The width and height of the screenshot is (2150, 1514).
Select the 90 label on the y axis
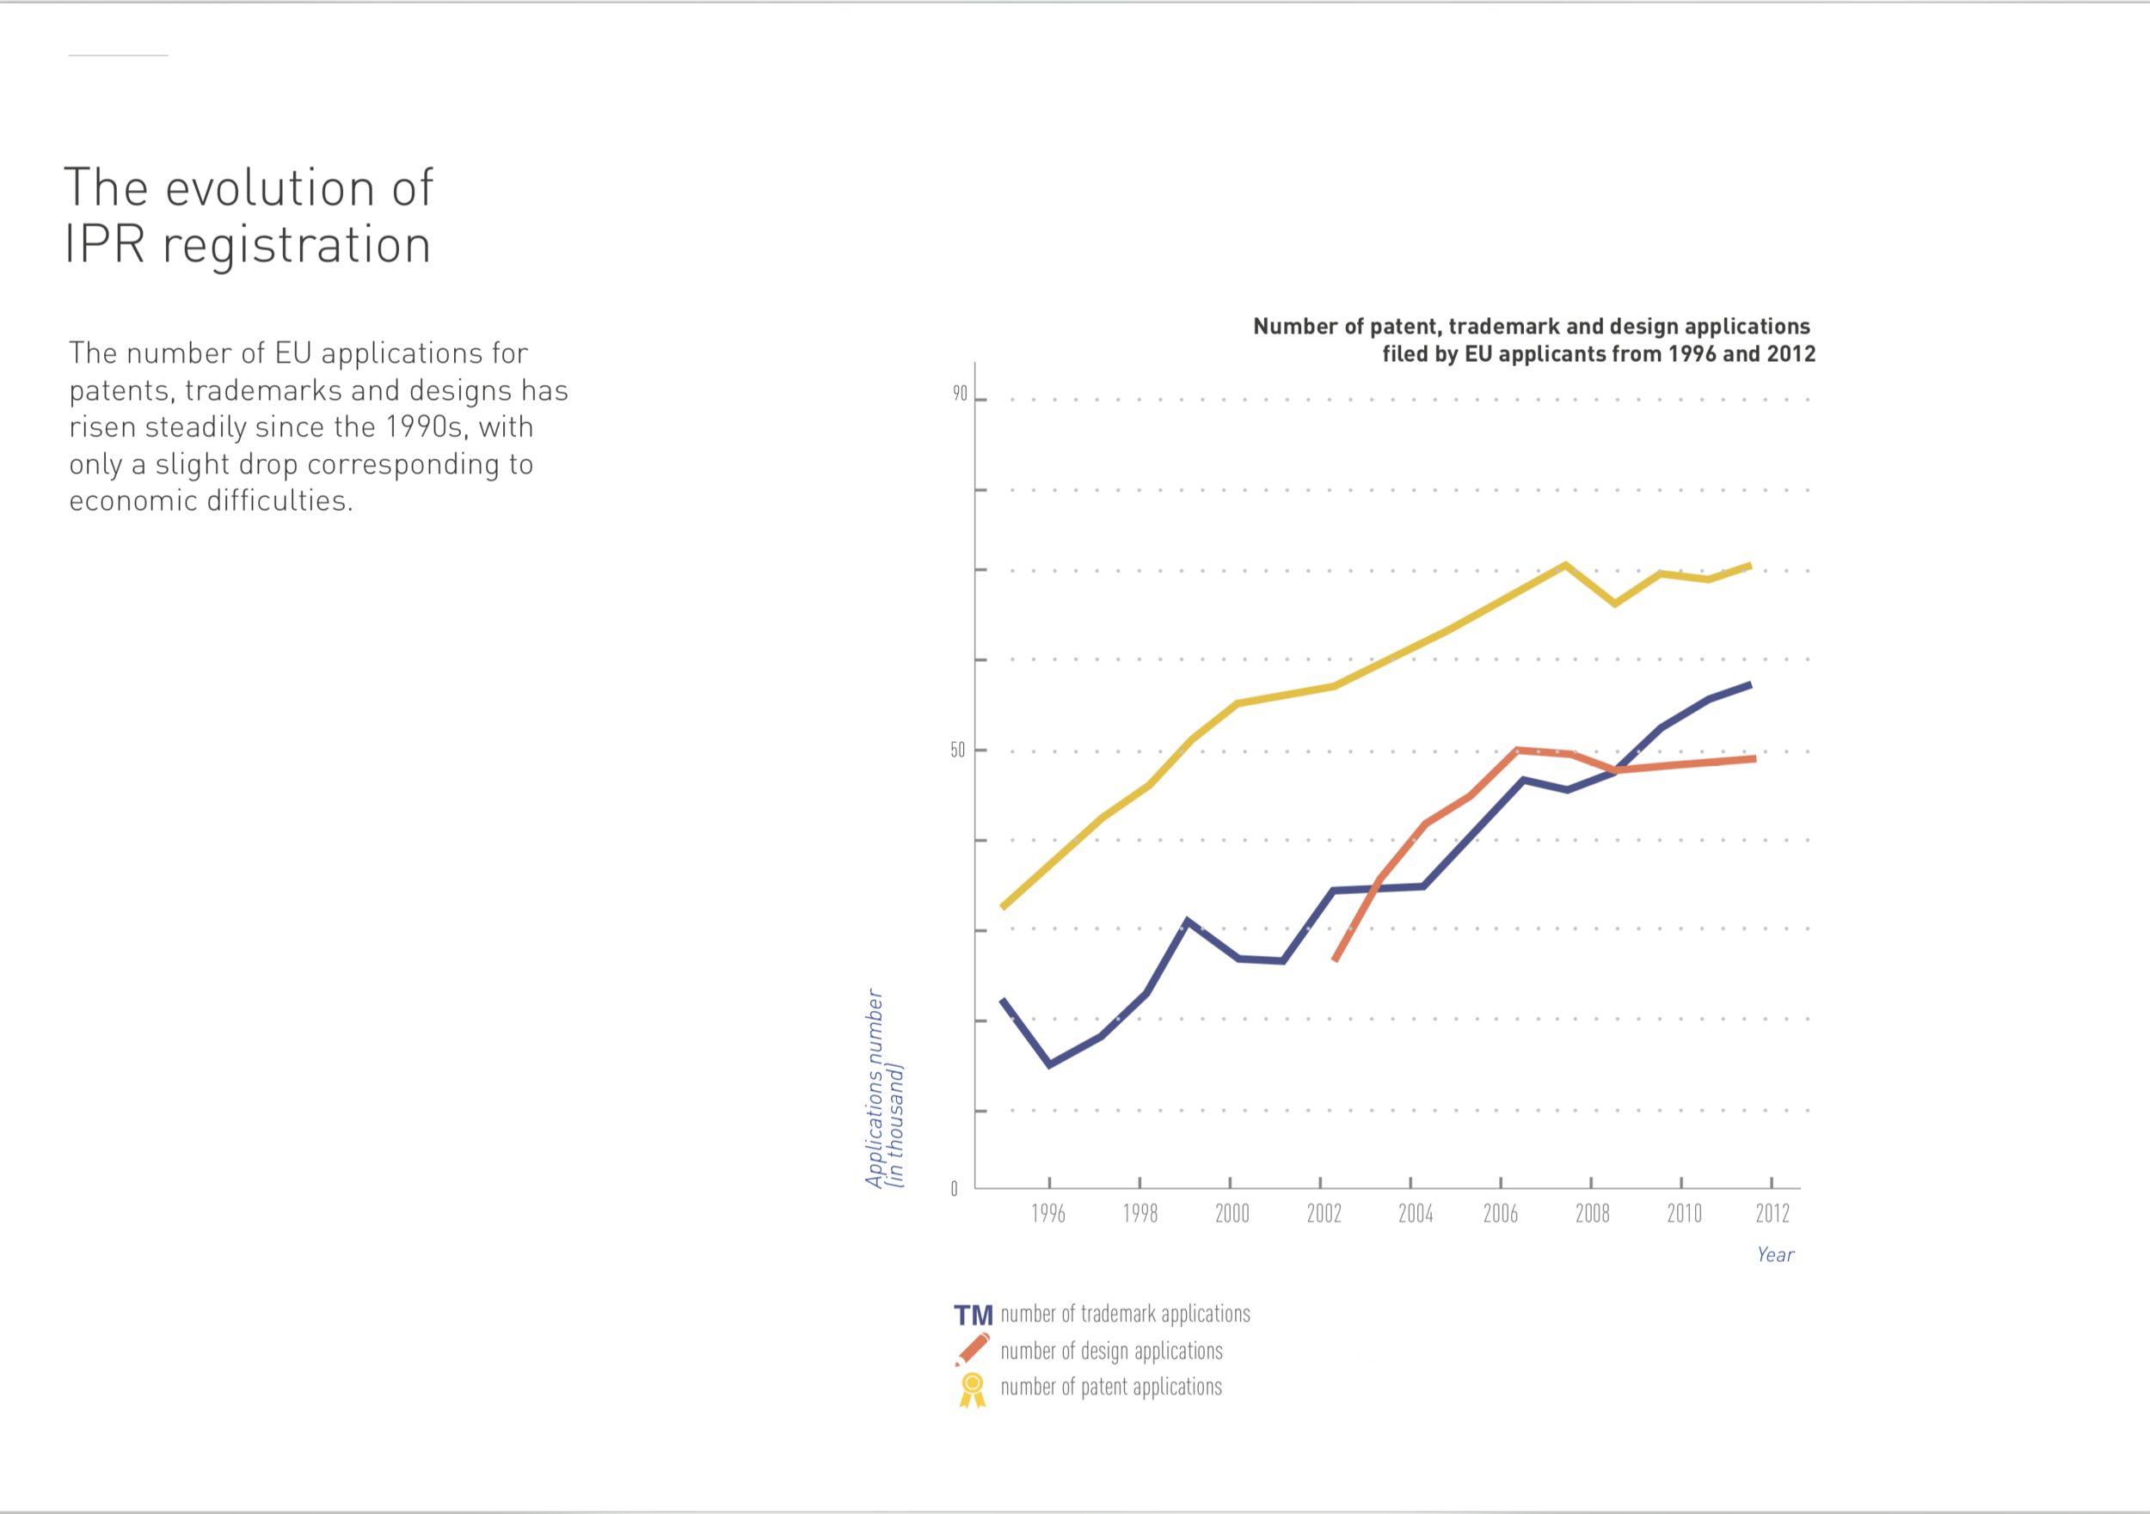[960, 394]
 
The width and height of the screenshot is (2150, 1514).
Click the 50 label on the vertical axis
[957, 750]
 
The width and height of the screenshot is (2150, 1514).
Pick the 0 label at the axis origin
[955, 1189]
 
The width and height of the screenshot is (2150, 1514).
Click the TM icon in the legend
[973, 1315]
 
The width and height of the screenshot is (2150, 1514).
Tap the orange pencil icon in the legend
[972, 1350]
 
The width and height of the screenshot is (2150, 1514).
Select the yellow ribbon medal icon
[973, 1389]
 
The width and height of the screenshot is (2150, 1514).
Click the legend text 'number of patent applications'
[1110, 1387]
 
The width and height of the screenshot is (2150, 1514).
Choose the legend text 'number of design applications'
[1111, 1352]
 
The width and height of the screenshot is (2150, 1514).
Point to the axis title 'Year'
[1775, 1254]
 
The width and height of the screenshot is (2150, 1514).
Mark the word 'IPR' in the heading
[104, 244]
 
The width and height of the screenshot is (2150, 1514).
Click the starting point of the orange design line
[1336, 959]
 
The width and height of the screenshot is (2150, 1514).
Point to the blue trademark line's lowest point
[1049, 1064]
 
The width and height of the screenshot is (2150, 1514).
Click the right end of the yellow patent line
[1749, 566]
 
